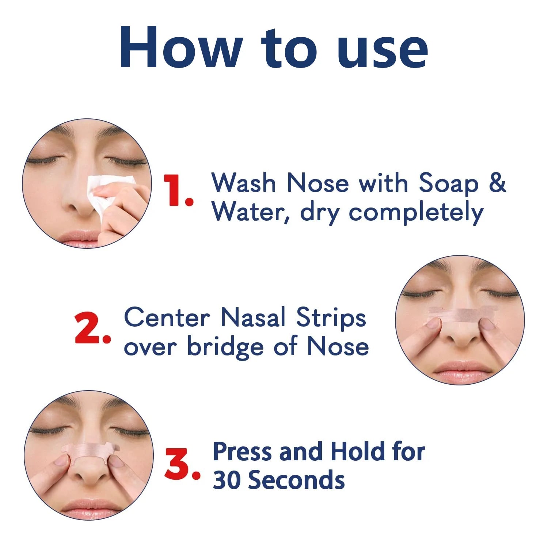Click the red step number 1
(x=178, y=190)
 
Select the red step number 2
(x=92, y=328)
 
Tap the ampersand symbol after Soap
(x=497, y=182)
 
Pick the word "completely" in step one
(x=416, y=213)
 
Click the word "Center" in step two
(x=167, y=317)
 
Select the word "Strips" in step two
(x=331, y=318)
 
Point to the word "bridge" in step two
(x=225, y=346)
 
